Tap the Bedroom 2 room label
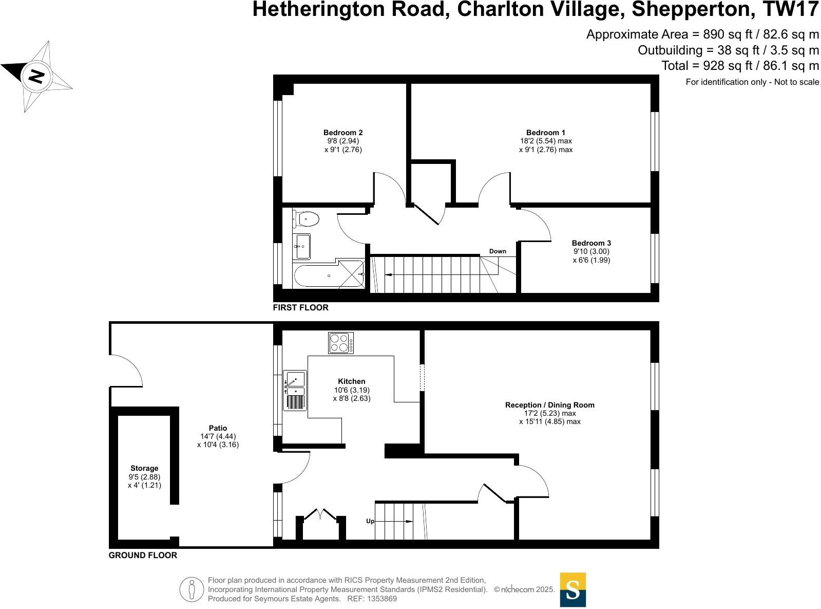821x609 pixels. pyautogui.click(x=343, y=133)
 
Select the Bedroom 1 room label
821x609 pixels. pyautogui.click(x=545, y=133)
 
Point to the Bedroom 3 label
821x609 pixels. pyautogui.click(x=591, y=243)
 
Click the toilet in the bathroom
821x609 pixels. pyautogui.click(x=307, y=219)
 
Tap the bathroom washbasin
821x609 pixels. pyautogui.click(x=302, y=247)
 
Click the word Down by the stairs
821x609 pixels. pyautogui.click(x=498, y=251)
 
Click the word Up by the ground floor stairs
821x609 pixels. pyautogui.click(x=370, y=521)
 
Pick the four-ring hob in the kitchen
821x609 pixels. pyautogui.click(x=341, y=343)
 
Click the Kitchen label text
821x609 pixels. pyautogui.click(x=352, y=381)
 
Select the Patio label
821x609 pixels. pyautogui.click(x=218, y=428)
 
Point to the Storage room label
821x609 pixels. pyautogui.click(x=144, y=468)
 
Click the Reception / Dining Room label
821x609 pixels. pyautogui.click(x=549, y=405)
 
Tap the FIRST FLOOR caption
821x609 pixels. pyautogui.click(x=300, y=307)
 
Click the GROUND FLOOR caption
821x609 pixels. pyautogui.click(x=143, y=555)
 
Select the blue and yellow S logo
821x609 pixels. pyautogui.click(x=572, y=589)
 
